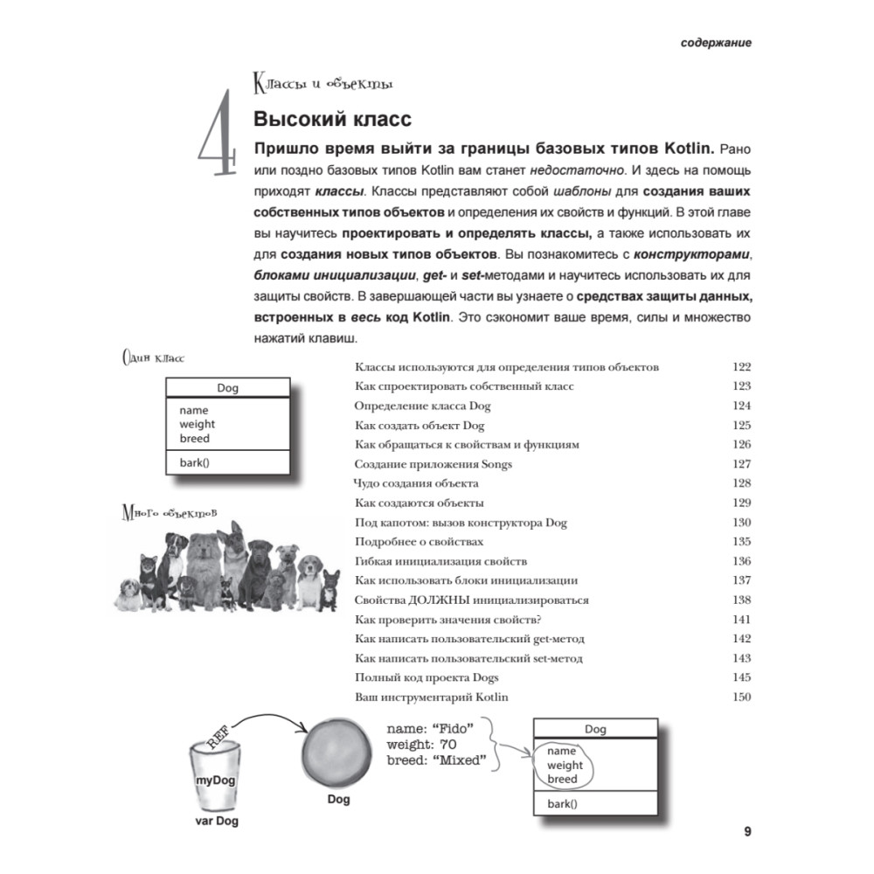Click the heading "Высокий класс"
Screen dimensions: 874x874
click(x=331, y=119)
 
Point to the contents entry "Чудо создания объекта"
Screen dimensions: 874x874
click(x=416, y=483)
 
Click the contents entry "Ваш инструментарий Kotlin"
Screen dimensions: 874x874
click(x=432, y=697)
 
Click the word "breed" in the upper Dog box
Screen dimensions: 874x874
click(x=194, y=438)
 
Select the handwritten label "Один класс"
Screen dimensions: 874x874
click(x=153, y=357)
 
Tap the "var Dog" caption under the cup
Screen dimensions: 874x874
click(x=215, y=822)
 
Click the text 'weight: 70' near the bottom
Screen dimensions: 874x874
click(x=423, y=744)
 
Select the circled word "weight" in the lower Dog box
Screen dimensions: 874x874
click(x=565, y=765)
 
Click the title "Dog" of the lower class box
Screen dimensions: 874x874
click(x=595, y=729)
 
